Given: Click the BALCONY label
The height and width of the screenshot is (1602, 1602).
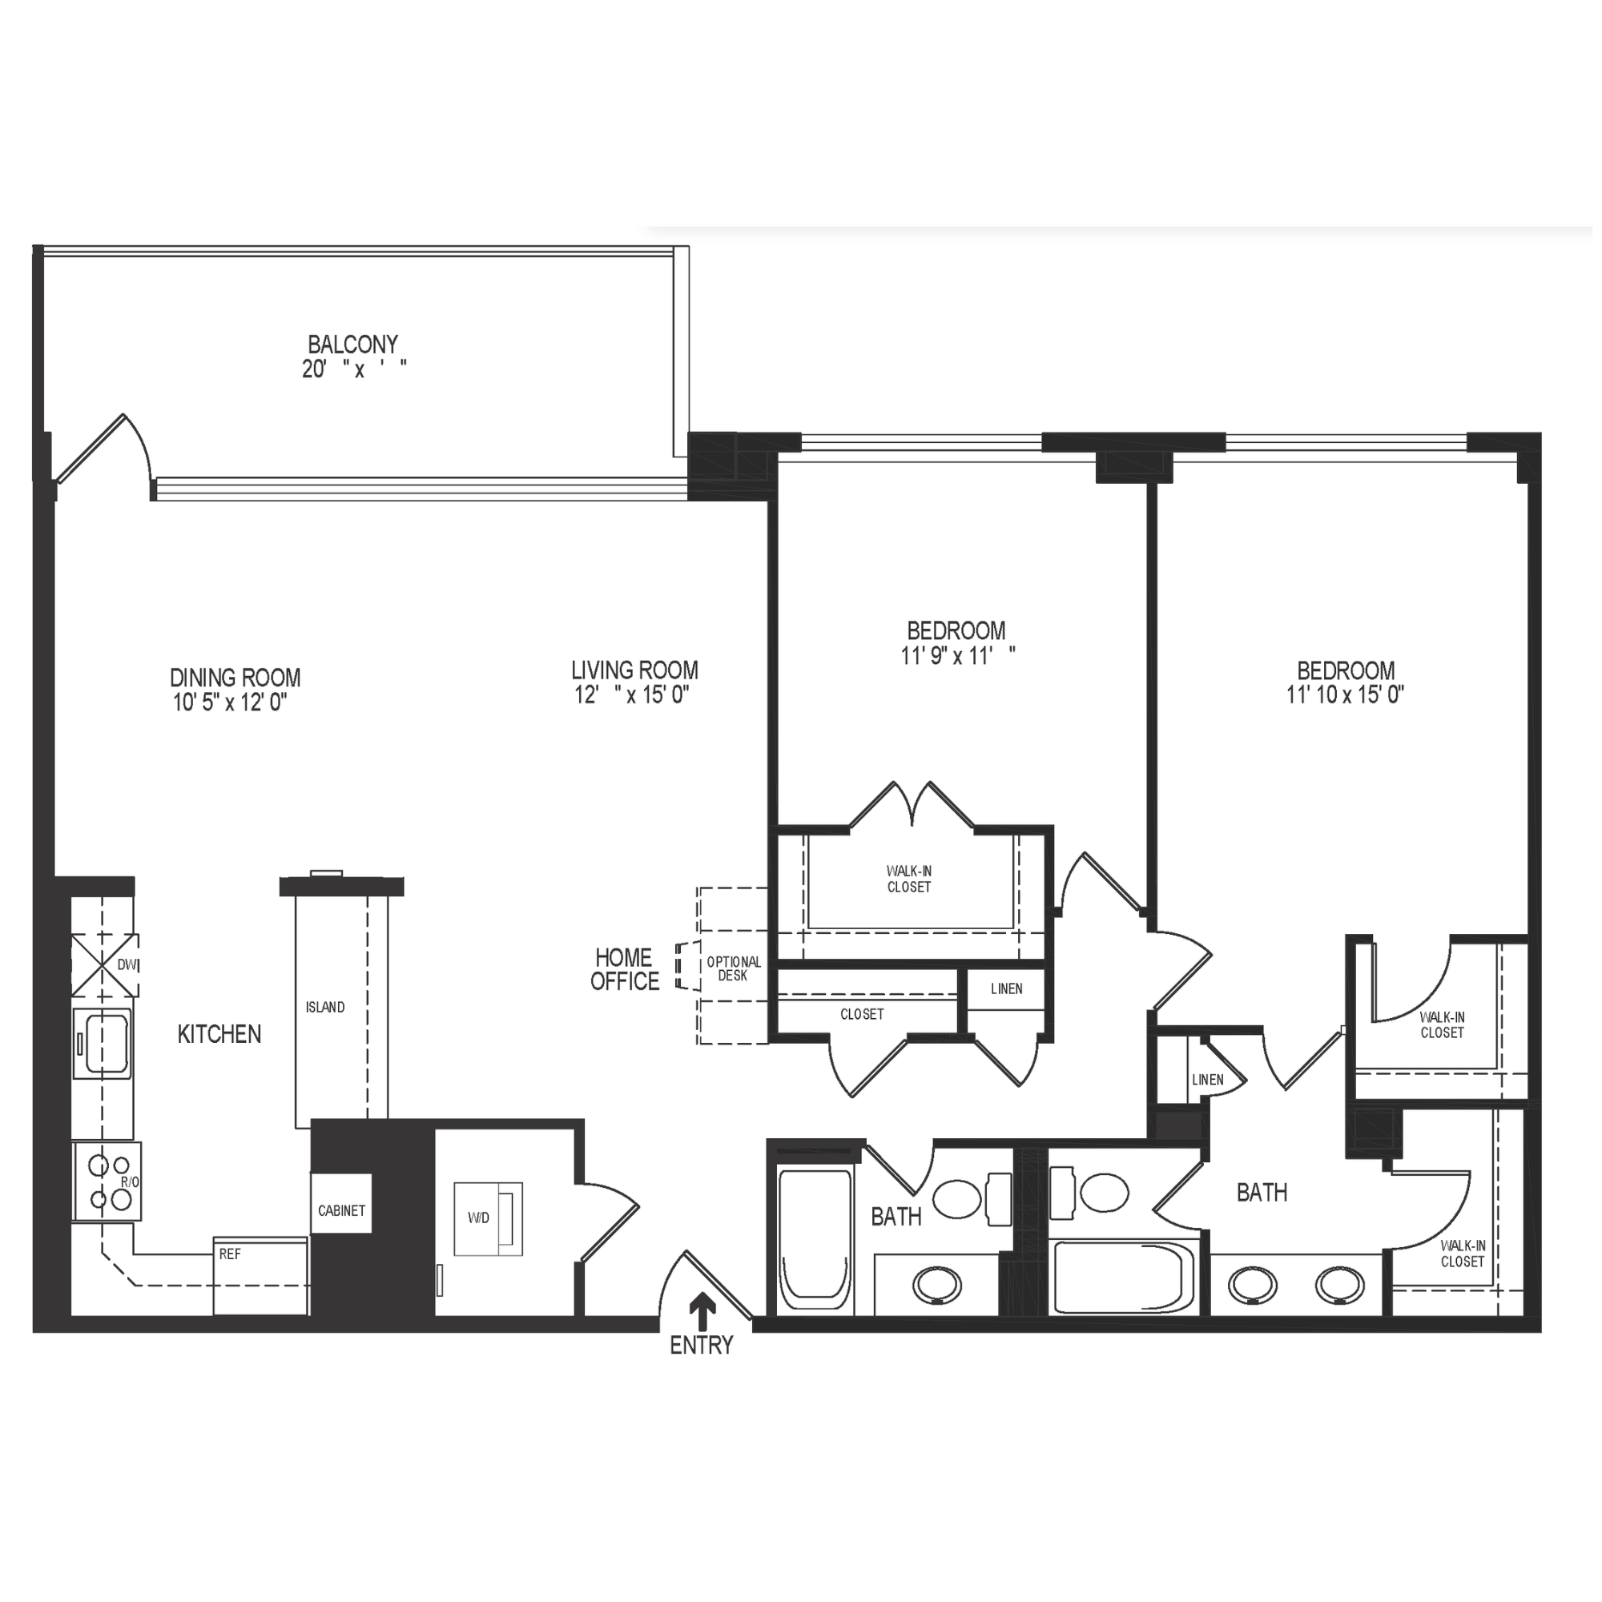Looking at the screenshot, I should point(352,344).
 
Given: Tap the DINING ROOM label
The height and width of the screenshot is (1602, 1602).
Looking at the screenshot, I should point(235,678).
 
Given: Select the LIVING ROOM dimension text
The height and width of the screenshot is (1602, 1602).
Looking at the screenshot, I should point(633,694).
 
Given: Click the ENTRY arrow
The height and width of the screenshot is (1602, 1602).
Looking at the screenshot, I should point(703,1313).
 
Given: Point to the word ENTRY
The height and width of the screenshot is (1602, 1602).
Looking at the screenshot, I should point(702,1346).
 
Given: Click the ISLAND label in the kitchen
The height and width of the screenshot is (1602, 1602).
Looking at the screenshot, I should point(325,1008).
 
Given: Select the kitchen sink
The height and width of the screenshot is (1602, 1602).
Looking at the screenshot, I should point(102,1043).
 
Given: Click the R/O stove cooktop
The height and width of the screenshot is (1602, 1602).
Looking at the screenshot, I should point(107,1181).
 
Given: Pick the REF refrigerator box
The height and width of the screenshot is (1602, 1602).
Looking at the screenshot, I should point(260,1274).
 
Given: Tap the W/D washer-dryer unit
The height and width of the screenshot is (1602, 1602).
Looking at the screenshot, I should point(489,1218).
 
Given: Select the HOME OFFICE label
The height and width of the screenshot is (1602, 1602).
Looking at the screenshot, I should point(625,969).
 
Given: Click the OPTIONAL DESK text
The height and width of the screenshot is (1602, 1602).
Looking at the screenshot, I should point(733,968).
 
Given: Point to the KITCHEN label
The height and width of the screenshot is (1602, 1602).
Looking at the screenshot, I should point(219,1034).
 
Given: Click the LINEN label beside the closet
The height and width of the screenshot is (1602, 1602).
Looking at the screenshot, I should point(1007,989).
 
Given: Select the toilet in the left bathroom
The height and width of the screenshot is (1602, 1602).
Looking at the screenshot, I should point(972,1197).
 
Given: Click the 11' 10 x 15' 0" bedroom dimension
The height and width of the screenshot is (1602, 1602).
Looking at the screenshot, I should point(1345,694).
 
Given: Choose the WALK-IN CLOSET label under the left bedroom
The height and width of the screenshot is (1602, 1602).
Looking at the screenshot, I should point(909,879).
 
